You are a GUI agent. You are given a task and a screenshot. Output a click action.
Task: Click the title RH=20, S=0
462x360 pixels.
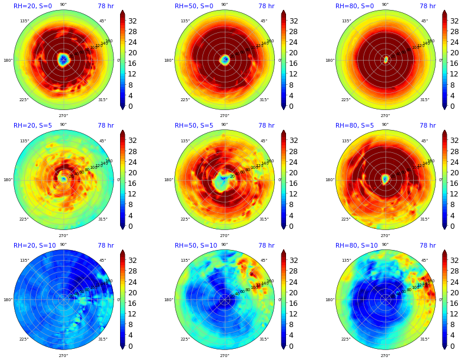(x=32, y=6)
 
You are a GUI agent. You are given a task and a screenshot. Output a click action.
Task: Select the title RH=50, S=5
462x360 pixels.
(x=194, y=126)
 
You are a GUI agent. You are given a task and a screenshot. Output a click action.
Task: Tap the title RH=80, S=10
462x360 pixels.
(x=357, y=246)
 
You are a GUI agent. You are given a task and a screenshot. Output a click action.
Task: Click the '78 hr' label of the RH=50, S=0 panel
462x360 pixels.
(x=266, y=6)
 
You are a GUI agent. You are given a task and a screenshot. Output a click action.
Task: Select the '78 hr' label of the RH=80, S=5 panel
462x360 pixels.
(x=427, y=126)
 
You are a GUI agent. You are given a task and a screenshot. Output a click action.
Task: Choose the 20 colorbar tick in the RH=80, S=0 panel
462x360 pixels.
(x=454, y=53)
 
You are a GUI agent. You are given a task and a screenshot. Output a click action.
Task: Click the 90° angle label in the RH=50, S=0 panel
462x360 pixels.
(x=224, y=5)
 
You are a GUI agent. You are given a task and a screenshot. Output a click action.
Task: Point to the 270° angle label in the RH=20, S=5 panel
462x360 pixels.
(x=63, y=235)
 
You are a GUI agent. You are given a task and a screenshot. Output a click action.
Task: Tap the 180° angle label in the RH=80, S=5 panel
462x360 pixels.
(x=330, y=180)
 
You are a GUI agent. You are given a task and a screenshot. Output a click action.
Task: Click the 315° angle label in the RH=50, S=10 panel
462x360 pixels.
(x=264, y=339)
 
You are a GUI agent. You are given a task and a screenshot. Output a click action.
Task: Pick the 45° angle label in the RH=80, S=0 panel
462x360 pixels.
(x=424, y=21)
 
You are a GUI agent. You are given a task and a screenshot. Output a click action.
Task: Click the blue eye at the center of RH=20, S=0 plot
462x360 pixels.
(x=63, y=59)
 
